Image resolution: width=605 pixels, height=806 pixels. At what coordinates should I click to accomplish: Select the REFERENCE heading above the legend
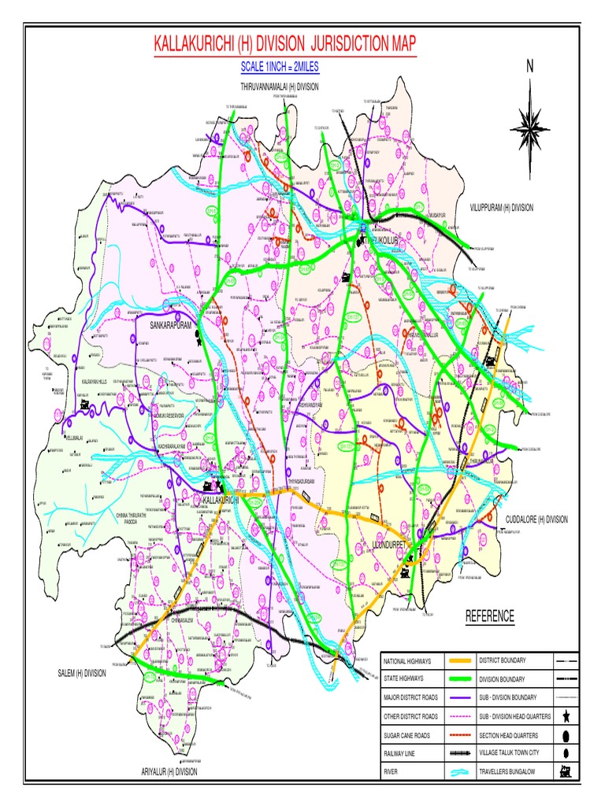tap(489, 616)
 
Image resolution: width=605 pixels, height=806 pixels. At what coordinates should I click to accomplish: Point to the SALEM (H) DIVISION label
tap(81, 673)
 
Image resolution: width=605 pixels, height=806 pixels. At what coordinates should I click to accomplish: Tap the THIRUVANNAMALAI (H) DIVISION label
tap(280, 87)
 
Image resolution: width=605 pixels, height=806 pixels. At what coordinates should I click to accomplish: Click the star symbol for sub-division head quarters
tap(566, 715)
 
